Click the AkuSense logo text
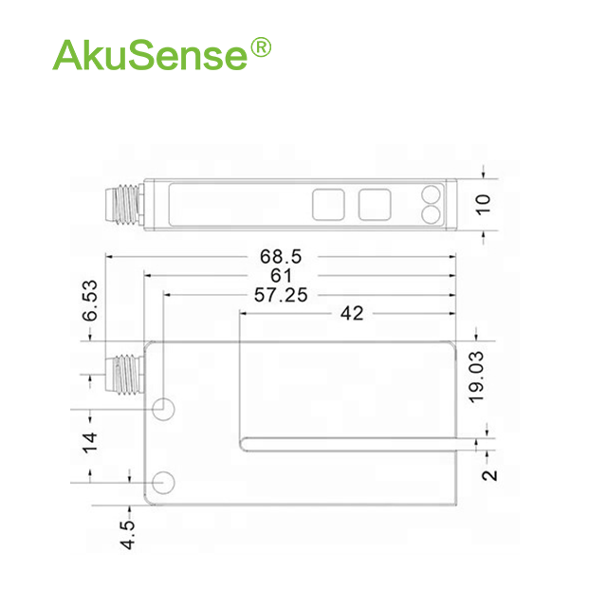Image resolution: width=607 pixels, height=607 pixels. click(150, 55)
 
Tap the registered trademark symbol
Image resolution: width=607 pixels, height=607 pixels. click(261, 47)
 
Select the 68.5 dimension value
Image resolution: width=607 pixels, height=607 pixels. click(281, 257)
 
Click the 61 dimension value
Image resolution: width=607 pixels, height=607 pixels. click(281, 276)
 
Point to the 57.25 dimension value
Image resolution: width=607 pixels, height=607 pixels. click(281, 295)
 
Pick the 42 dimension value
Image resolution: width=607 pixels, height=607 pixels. click(352, 313)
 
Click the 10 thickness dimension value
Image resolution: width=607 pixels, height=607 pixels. click(483, 205)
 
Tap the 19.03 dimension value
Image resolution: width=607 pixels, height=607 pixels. click(476, 377)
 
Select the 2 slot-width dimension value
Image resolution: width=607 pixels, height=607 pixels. click(489, 475)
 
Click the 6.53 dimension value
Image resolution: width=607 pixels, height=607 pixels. click(90, 301)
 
